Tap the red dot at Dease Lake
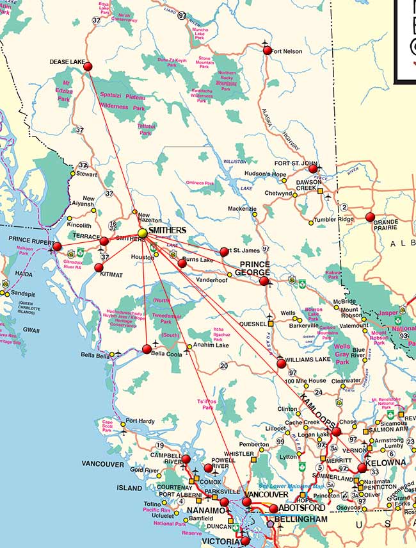click(88, 66)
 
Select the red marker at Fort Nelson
click(268, 50)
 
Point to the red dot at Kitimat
click(99, 267)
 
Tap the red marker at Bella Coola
click(147, 349)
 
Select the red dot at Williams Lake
click(281, 363)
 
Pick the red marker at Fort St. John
click(313, 169)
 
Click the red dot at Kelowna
click(362, 468)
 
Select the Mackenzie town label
click(243, 209)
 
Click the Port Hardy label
click(140, 421)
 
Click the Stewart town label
click(87, 174)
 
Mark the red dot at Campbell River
click(186, 459)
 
